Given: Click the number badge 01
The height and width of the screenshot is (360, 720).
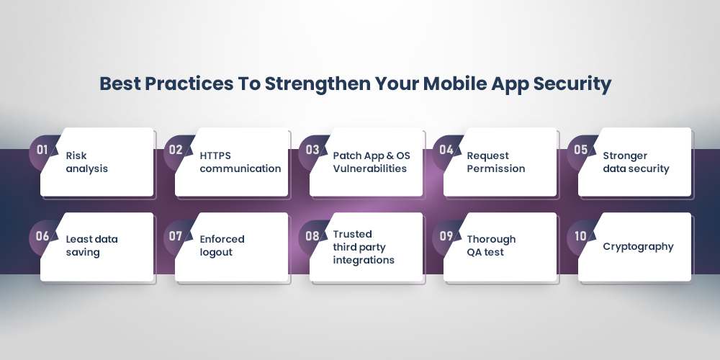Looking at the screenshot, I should point(42,150).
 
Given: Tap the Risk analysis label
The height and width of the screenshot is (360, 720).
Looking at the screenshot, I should point(86,162).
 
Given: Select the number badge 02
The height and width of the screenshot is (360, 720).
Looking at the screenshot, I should point(176,150).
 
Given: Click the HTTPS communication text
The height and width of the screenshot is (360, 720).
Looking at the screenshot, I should point(240,162).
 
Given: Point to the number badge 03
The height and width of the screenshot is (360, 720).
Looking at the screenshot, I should point(312,150).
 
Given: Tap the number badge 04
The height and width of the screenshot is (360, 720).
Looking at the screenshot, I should point(446,150).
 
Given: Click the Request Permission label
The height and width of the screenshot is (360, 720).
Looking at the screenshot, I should point(495,162).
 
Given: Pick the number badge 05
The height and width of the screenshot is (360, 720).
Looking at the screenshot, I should point(580,150).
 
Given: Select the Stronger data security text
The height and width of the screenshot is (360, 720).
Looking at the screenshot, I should point(636,162).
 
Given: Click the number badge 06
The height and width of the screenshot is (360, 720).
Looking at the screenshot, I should point(42,235).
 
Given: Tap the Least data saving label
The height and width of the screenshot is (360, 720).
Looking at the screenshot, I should point(91,246).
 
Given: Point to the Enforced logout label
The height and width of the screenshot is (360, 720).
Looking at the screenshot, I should point(222,246).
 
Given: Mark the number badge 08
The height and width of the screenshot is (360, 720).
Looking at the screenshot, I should point(312,235).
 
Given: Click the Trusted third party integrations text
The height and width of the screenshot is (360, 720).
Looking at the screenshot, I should point(363,247).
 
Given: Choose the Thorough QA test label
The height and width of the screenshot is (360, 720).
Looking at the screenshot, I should point(491,246).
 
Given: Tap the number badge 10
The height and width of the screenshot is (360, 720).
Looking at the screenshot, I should point(580,235).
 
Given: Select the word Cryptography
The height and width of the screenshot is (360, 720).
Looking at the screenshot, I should point(638,246).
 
